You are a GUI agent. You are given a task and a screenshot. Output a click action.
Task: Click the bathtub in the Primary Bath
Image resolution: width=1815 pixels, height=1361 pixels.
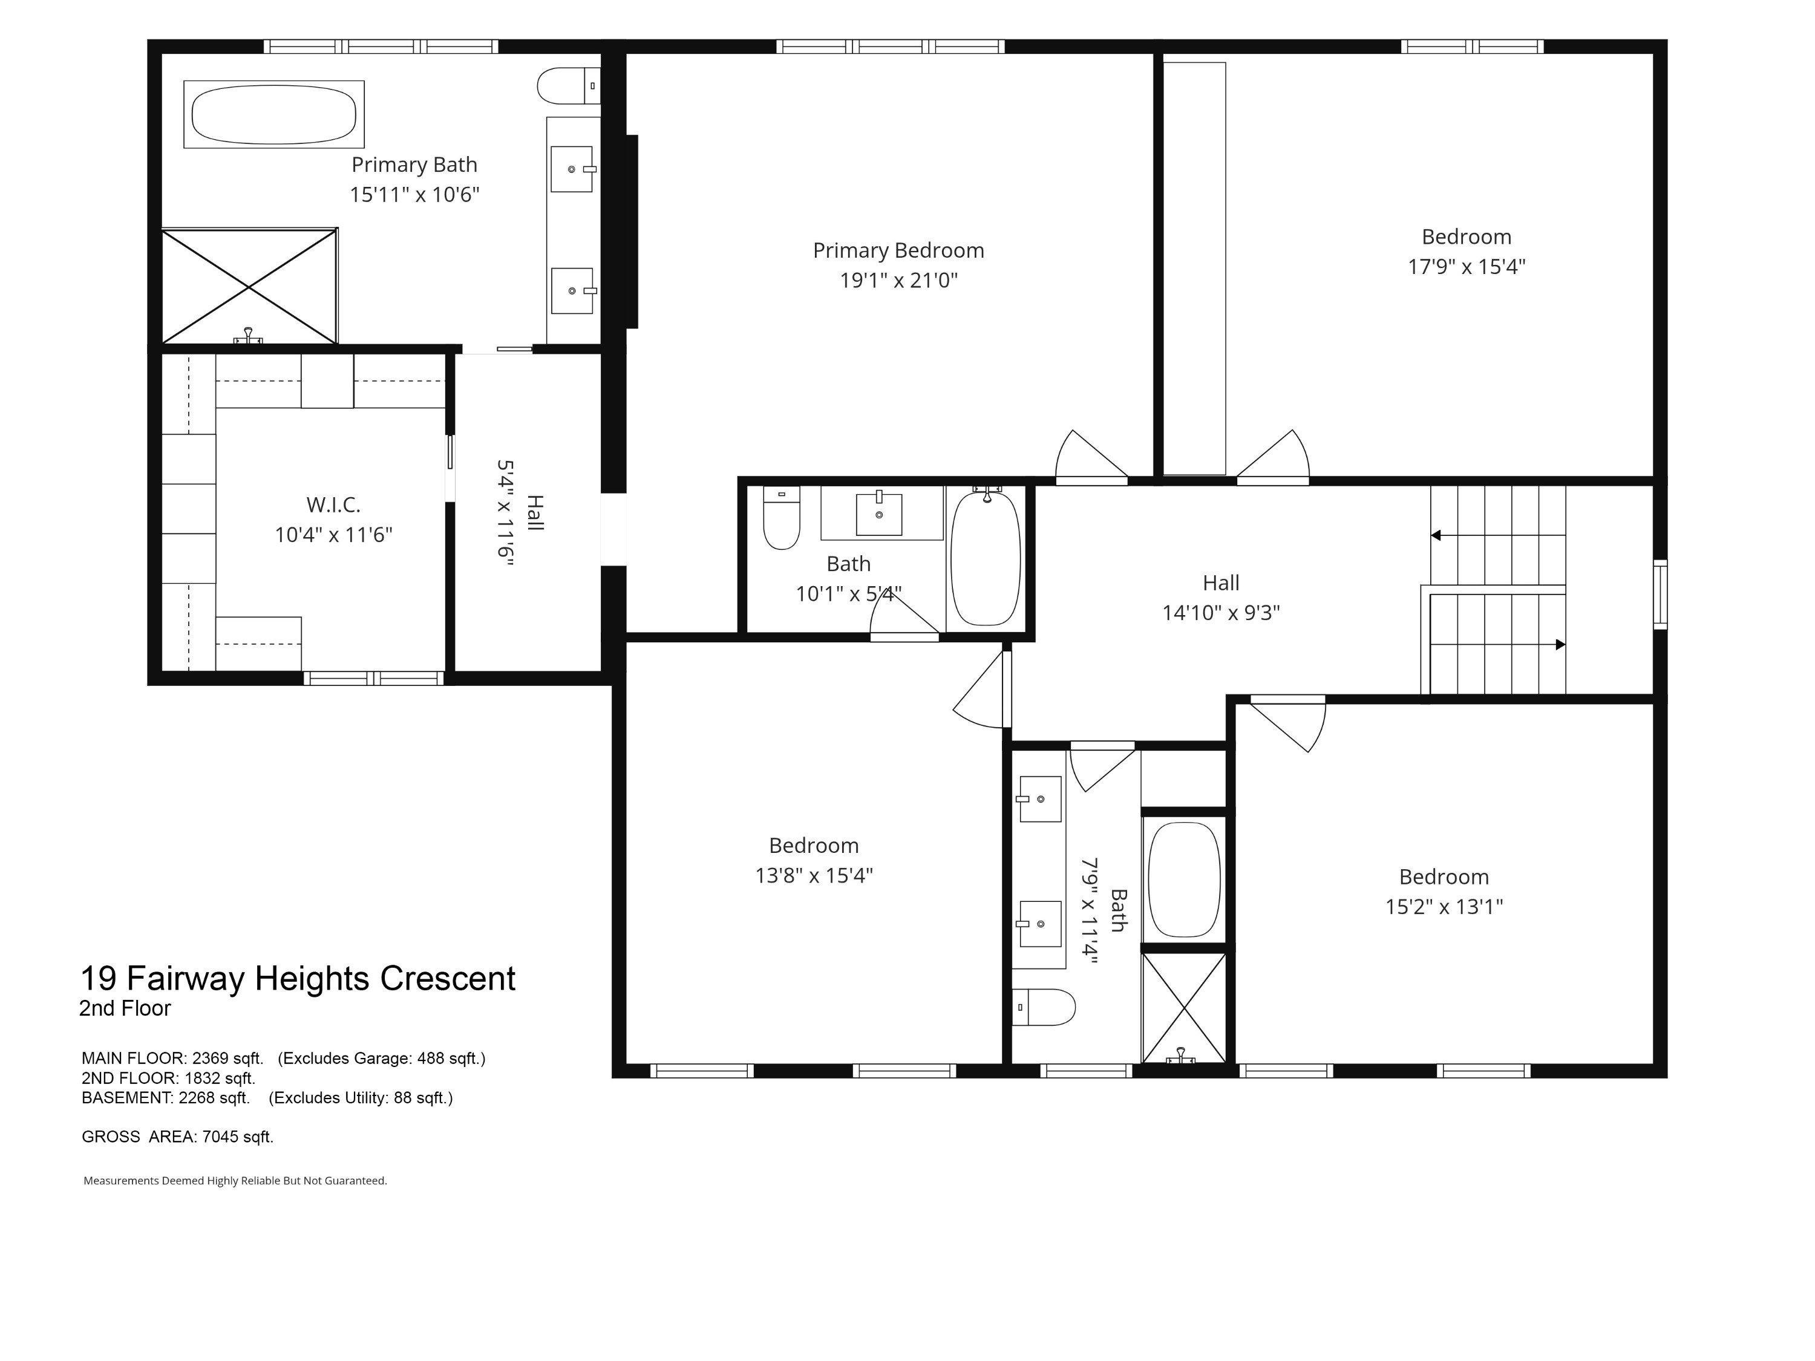tap(274, 114)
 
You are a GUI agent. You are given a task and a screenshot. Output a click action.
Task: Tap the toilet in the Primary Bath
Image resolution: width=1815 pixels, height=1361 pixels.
tap(569, 85)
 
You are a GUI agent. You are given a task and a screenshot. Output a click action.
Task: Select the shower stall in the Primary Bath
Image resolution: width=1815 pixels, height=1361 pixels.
tap(249, 286)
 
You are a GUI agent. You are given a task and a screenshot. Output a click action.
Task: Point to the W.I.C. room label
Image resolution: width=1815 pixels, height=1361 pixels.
tap(333, 504)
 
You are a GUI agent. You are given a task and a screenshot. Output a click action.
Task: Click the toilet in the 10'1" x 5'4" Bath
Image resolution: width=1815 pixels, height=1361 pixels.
tap(781, 518)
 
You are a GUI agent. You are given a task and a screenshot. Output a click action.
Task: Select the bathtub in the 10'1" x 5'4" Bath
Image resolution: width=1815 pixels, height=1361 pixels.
tap(986, 558)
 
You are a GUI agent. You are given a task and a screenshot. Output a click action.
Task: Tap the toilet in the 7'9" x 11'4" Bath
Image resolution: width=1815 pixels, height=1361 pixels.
tap(1043, 1007)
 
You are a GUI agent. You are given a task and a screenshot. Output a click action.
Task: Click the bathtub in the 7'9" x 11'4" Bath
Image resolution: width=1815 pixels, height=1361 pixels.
tap(1184, 880)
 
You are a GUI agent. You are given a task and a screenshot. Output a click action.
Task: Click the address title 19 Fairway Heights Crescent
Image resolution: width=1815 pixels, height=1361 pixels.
tap(298, 979)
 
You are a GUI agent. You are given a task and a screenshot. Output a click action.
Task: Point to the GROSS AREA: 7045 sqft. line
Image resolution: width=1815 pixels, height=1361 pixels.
tap(178, 1137)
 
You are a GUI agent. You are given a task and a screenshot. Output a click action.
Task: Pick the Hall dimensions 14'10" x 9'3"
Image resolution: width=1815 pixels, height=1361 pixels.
tap(1221, 613)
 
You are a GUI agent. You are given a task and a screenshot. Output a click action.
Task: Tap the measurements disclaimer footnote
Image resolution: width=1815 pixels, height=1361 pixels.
tap(235, 1181)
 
